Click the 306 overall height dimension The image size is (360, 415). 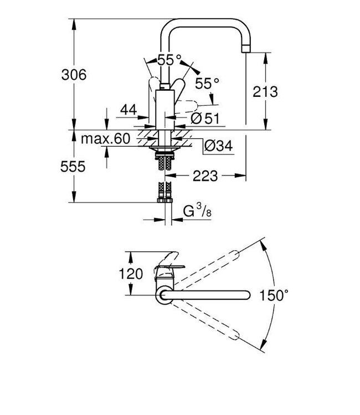click(x=74, y=75)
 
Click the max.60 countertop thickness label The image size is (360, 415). click(x=106, y=139)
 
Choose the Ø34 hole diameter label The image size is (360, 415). click(x=218, y=146)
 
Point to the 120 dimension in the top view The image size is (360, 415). click(x=131, y=273)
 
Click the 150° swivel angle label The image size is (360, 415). click(x=274, y=295)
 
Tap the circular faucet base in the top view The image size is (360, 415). click(x=164, y=295)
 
